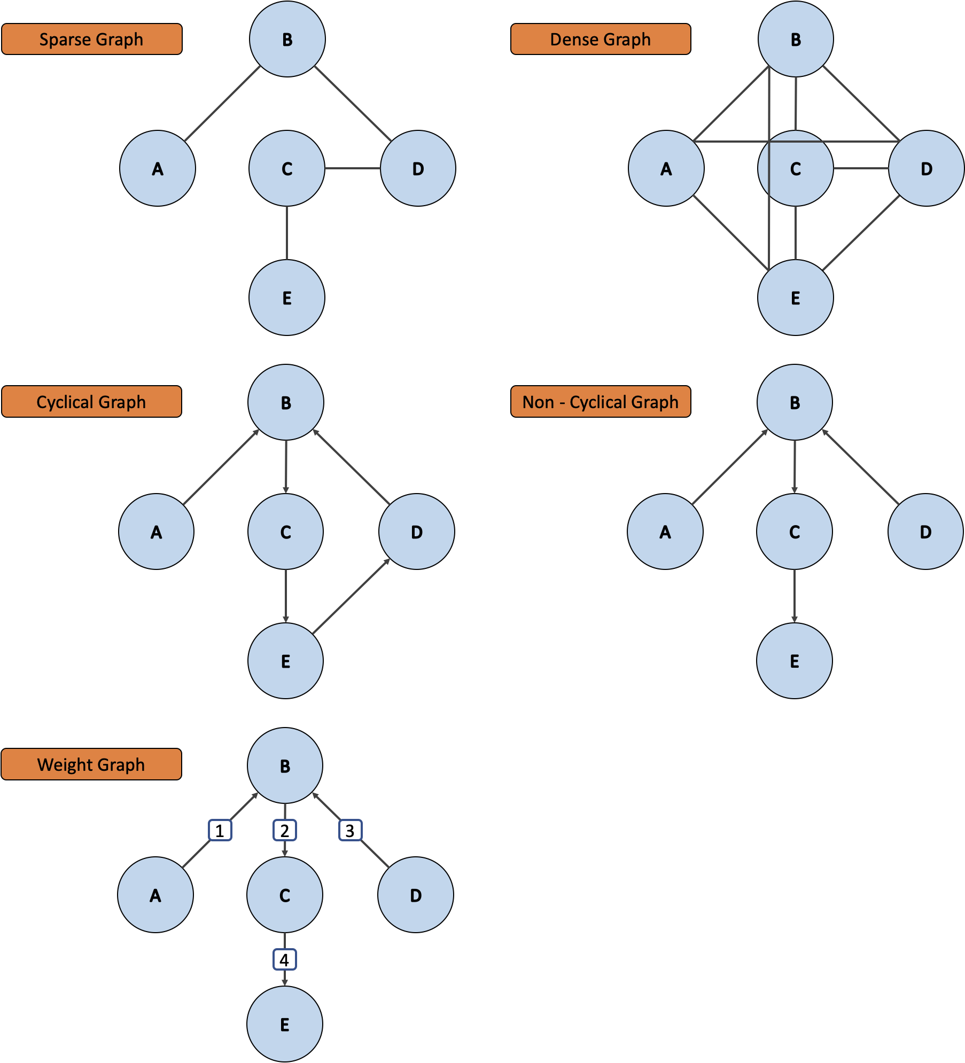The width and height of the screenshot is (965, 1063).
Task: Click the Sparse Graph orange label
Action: pos(91,39)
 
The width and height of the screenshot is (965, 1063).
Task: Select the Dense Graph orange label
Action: pos(600,39)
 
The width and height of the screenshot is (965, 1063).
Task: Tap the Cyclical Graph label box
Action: pos(91,401)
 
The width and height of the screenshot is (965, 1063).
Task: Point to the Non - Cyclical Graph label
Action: pos(600,401)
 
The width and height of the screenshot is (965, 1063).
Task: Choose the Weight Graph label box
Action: pos(91,764)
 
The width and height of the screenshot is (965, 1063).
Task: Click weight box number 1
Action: pos(220,830)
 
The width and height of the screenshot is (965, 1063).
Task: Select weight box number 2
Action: pos(285,830)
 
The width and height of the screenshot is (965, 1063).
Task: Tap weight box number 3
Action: pos(350,830)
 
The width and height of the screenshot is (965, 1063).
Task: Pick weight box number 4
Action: pos(284,959)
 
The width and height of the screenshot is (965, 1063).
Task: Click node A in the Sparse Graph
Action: pos(157,168)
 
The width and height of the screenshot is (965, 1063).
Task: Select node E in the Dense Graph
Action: pos(795,298)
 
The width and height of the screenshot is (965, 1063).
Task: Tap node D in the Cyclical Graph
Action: pos(416,531)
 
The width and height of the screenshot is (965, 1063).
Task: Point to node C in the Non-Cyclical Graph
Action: pos(794,531)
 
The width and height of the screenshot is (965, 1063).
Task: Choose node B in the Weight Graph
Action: pos(285,765)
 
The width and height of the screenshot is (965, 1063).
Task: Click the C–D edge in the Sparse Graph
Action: pos(352,168)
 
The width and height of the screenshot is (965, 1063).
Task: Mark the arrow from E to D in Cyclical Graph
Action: pos(351,597)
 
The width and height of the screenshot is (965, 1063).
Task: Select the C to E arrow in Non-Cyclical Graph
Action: pos(794,596)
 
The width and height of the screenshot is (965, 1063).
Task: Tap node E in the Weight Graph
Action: pos(285,1024)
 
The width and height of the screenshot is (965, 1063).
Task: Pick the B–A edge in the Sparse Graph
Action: pos(222,104)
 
